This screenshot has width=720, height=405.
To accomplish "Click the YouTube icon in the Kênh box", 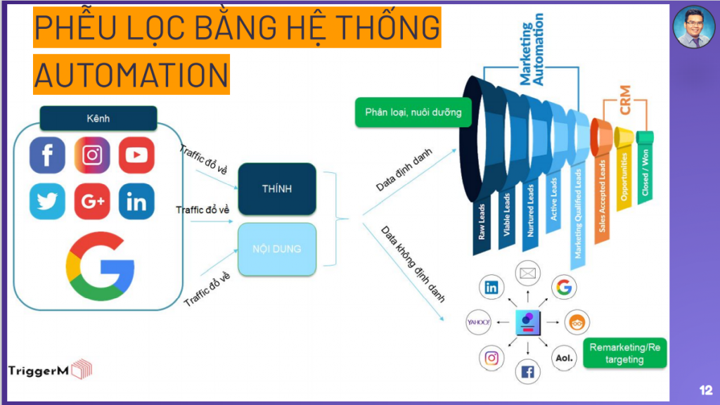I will tap(136, 155).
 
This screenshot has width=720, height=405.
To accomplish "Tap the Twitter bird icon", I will tap(47, 202).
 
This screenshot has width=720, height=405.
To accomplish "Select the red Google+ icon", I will tap(92, 202).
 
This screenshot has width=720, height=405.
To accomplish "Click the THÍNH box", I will tap(276, 188).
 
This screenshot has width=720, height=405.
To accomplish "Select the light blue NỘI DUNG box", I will tap(276, 249).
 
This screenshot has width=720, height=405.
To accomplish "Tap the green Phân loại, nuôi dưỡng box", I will tap(413, 112).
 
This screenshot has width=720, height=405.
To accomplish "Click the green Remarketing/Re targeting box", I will tap(625, 353).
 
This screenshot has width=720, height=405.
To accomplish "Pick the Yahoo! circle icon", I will tap(478, 322).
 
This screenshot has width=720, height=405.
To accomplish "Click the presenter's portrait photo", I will tap(694, 27).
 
